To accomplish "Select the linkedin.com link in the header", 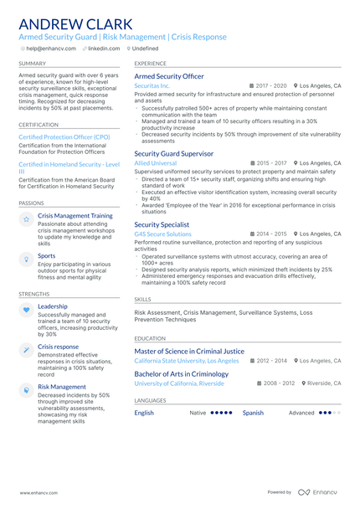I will pyautogui.click(x=104, y=49).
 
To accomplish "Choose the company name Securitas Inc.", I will pyautogui.click(x=152, y=86).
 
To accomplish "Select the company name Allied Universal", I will pyautogui.click(x=157, y=163).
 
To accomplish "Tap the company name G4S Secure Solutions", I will pyautogui.click(x=162, y=234).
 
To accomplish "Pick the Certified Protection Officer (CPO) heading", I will pyautogui.click(x=64, y=136).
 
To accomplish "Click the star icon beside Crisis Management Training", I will pyautogui.click(x=27, y=219).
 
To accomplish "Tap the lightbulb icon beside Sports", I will pyautogui.click(x=27, y=260).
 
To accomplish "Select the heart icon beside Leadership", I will pyautogui.click(x=27, y=310).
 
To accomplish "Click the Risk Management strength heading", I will pyautogui.click(x=62, y=387).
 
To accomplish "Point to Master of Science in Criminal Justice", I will pyautogui.click(x=189, y=352).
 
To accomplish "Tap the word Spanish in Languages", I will pyautogui.click(x=253, y=413).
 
